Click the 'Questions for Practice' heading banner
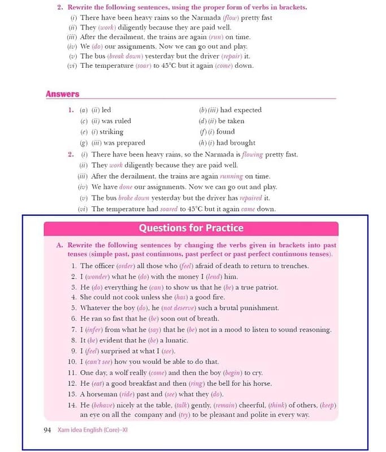[191, 228]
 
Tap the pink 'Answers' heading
[62, 94]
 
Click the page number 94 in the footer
[47, 430]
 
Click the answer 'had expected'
[240, 110]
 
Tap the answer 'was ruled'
[115, 121]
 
